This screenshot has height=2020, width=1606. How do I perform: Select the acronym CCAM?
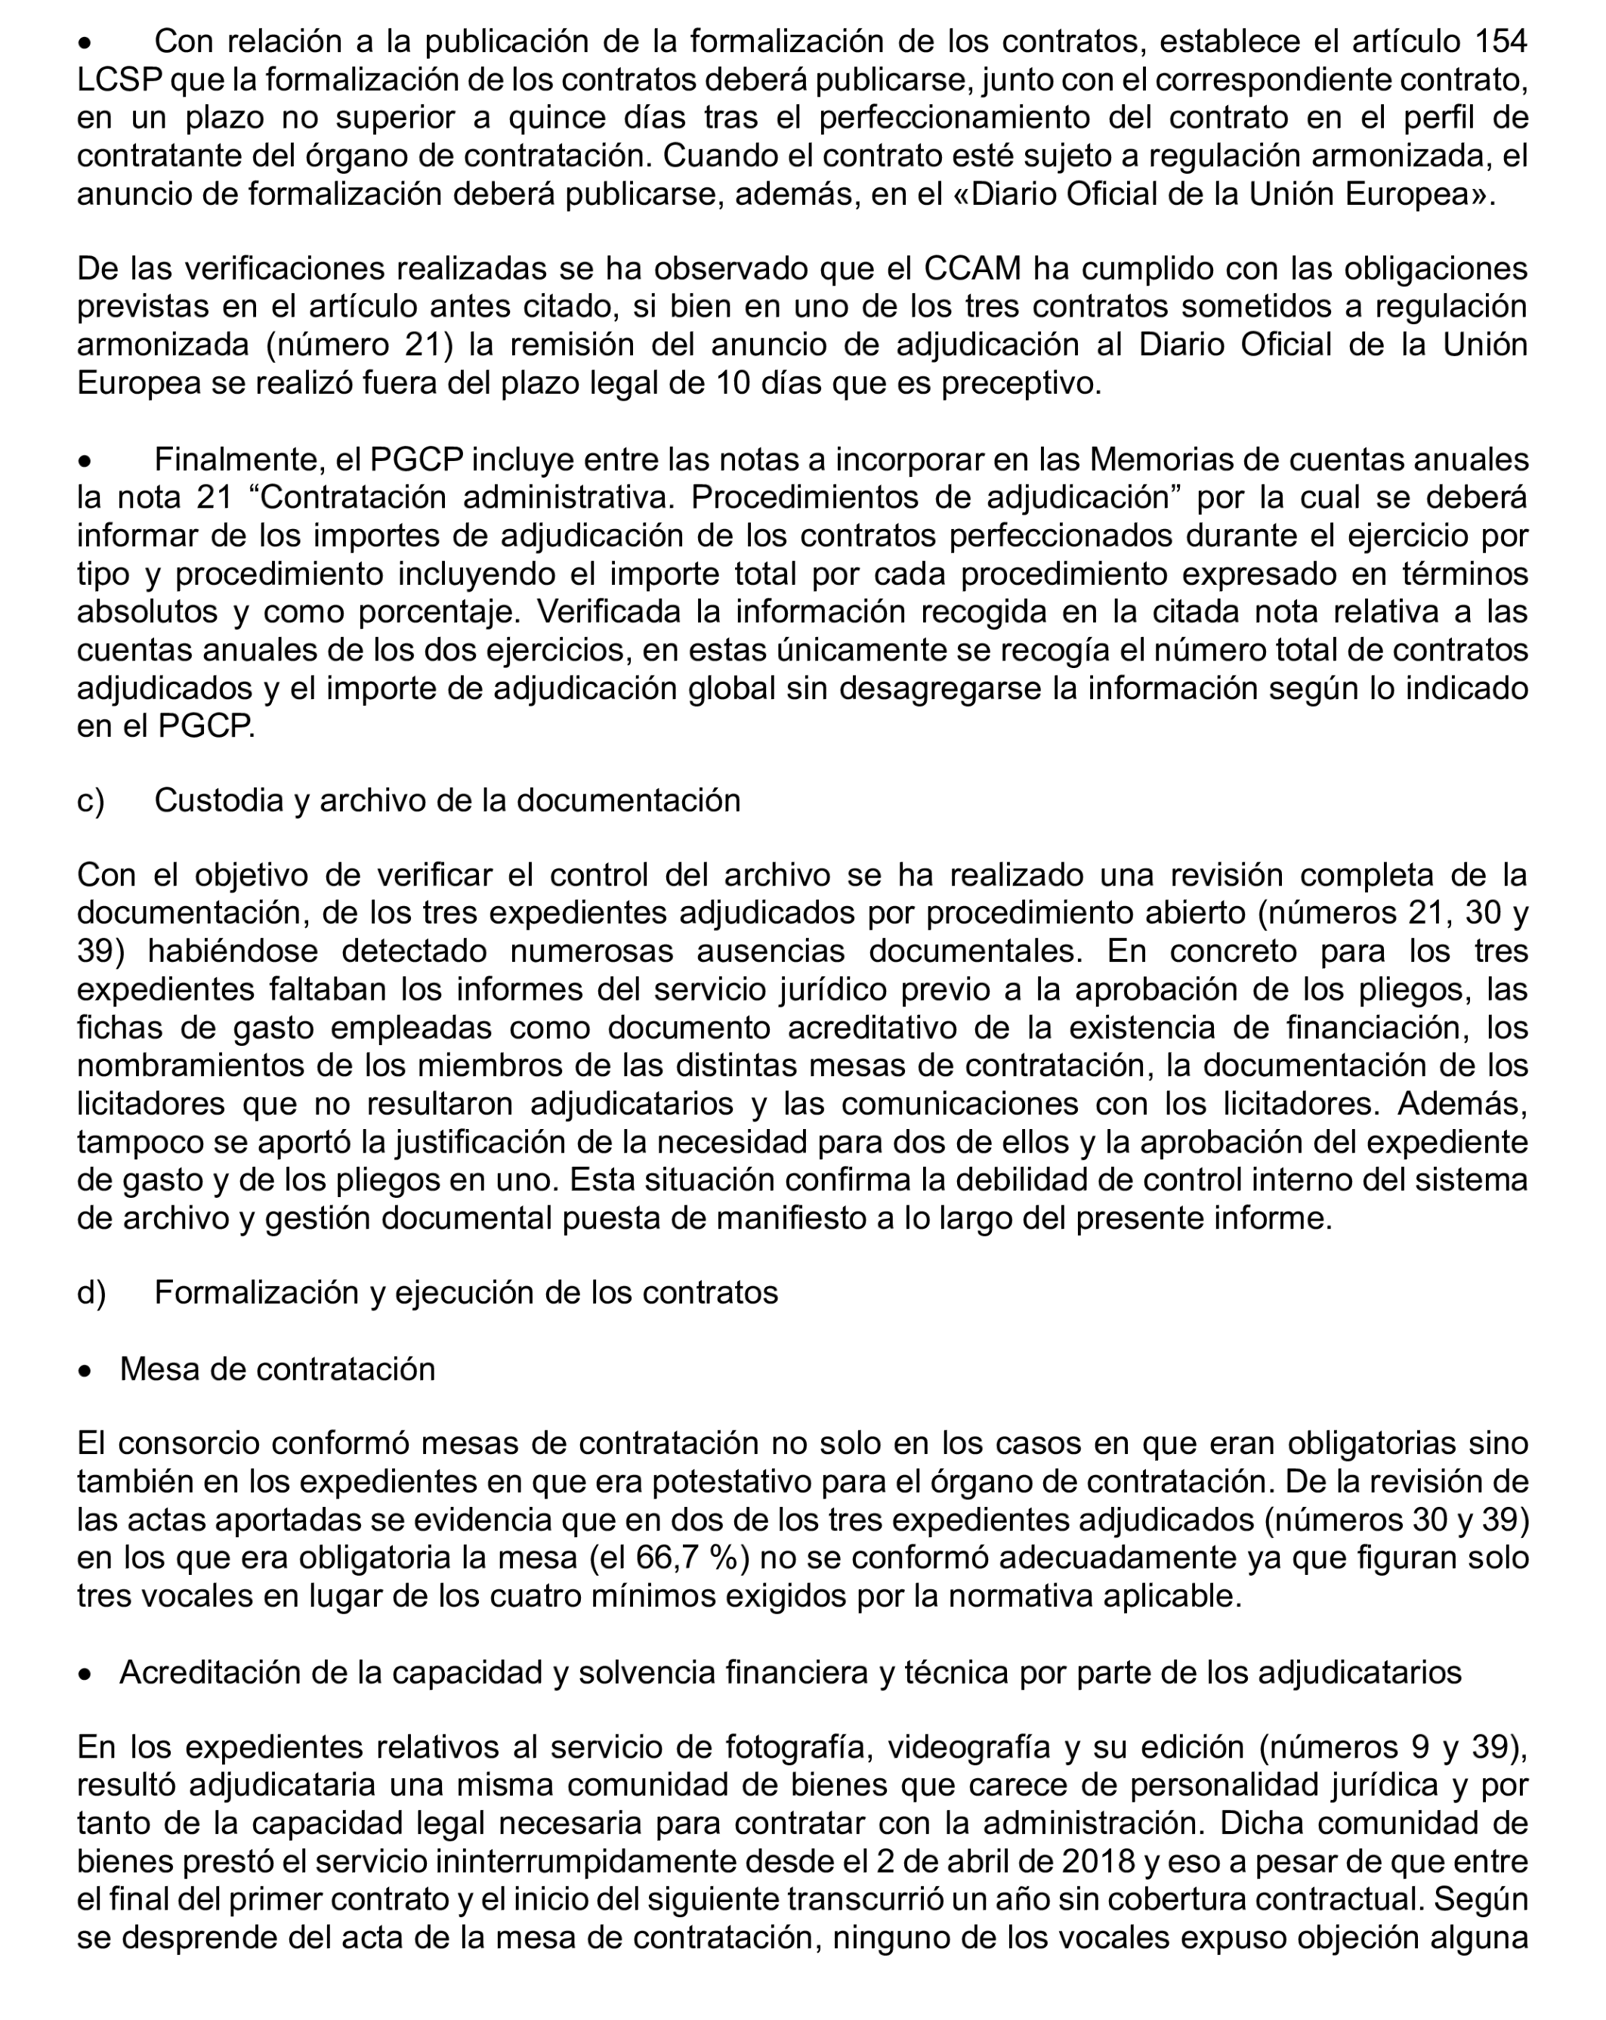coord(972,269)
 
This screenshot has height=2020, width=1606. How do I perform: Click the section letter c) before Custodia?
coord(91,800)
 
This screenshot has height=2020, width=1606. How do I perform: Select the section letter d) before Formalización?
coord(91,1292)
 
